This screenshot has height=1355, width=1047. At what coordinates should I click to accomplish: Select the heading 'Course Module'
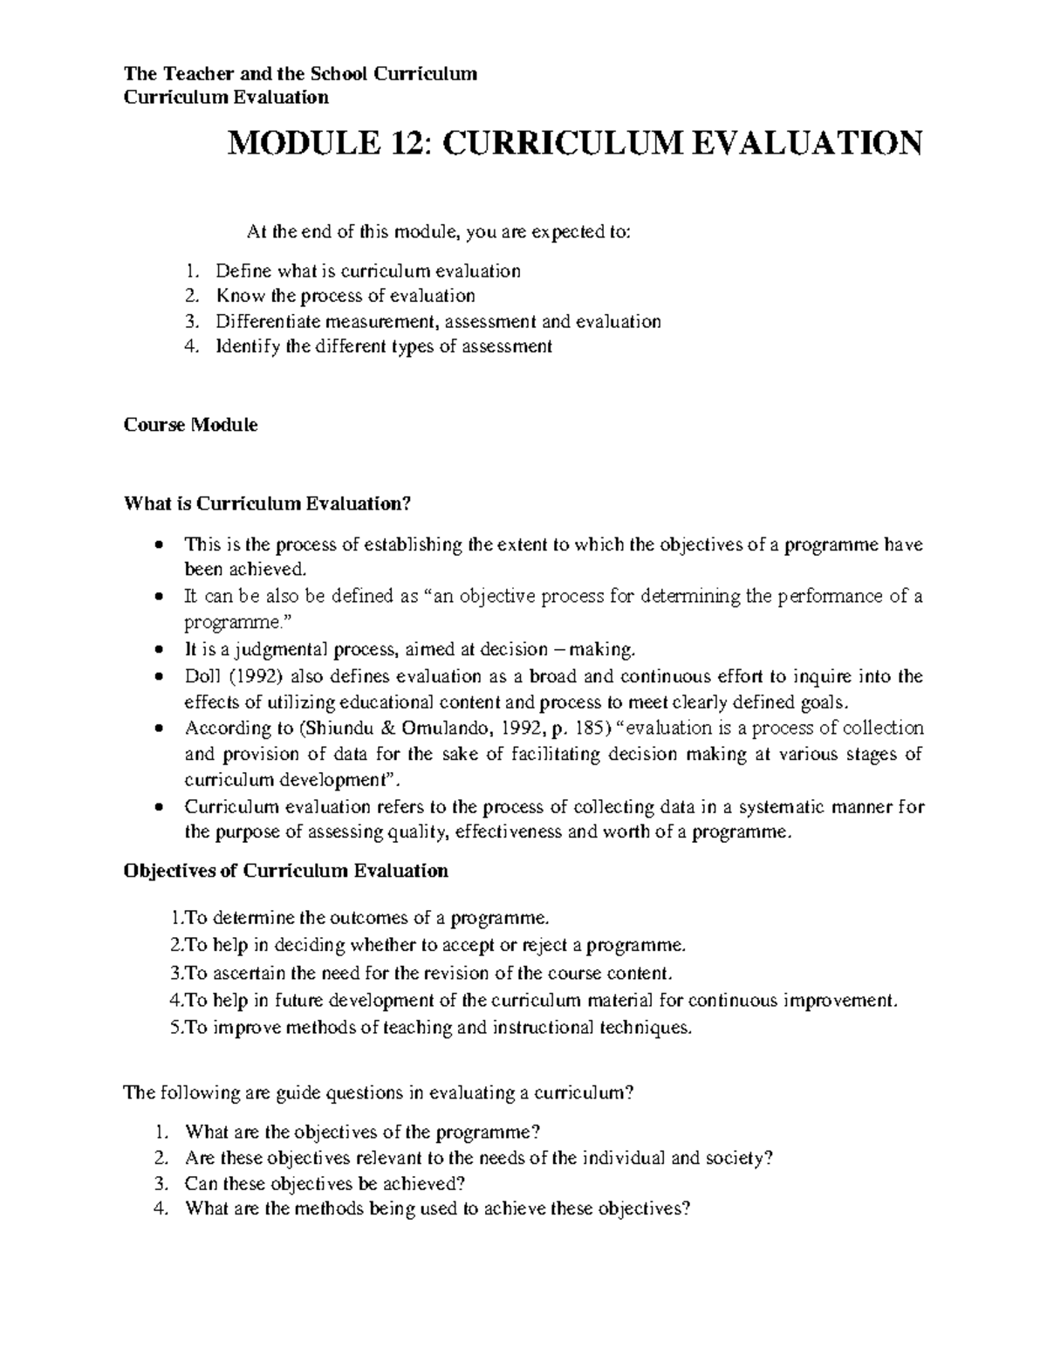click(190, 426)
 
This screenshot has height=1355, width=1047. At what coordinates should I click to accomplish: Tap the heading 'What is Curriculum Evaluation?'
click(267, 503)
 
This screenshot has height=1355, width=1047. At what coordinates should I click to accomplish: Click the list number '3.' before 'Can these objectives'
click(158, 1184)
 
